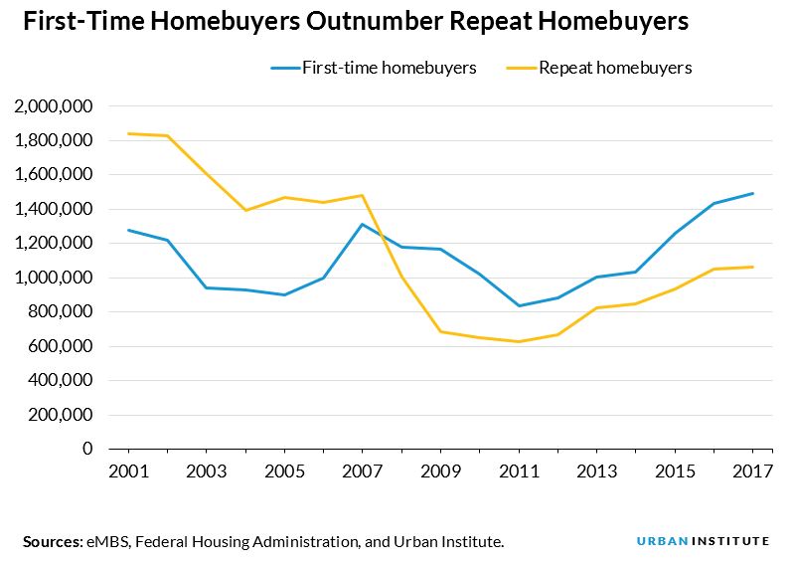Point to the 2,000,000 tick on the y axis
coord(55,106)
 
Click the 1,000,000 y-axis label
coord(55,278)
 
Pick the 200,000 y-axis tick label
coord(61,415)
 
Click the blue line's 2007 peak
coord(363,224)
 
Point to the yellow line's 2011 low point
coord(519,341)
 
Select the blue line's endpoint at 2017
coord(752,193)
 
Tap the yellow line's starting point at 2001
coord(128,133)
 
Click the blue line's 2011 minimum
coord(519,305)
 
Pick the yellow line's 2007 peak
coord(363,195)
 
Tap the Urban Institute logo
coord(703,541)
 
